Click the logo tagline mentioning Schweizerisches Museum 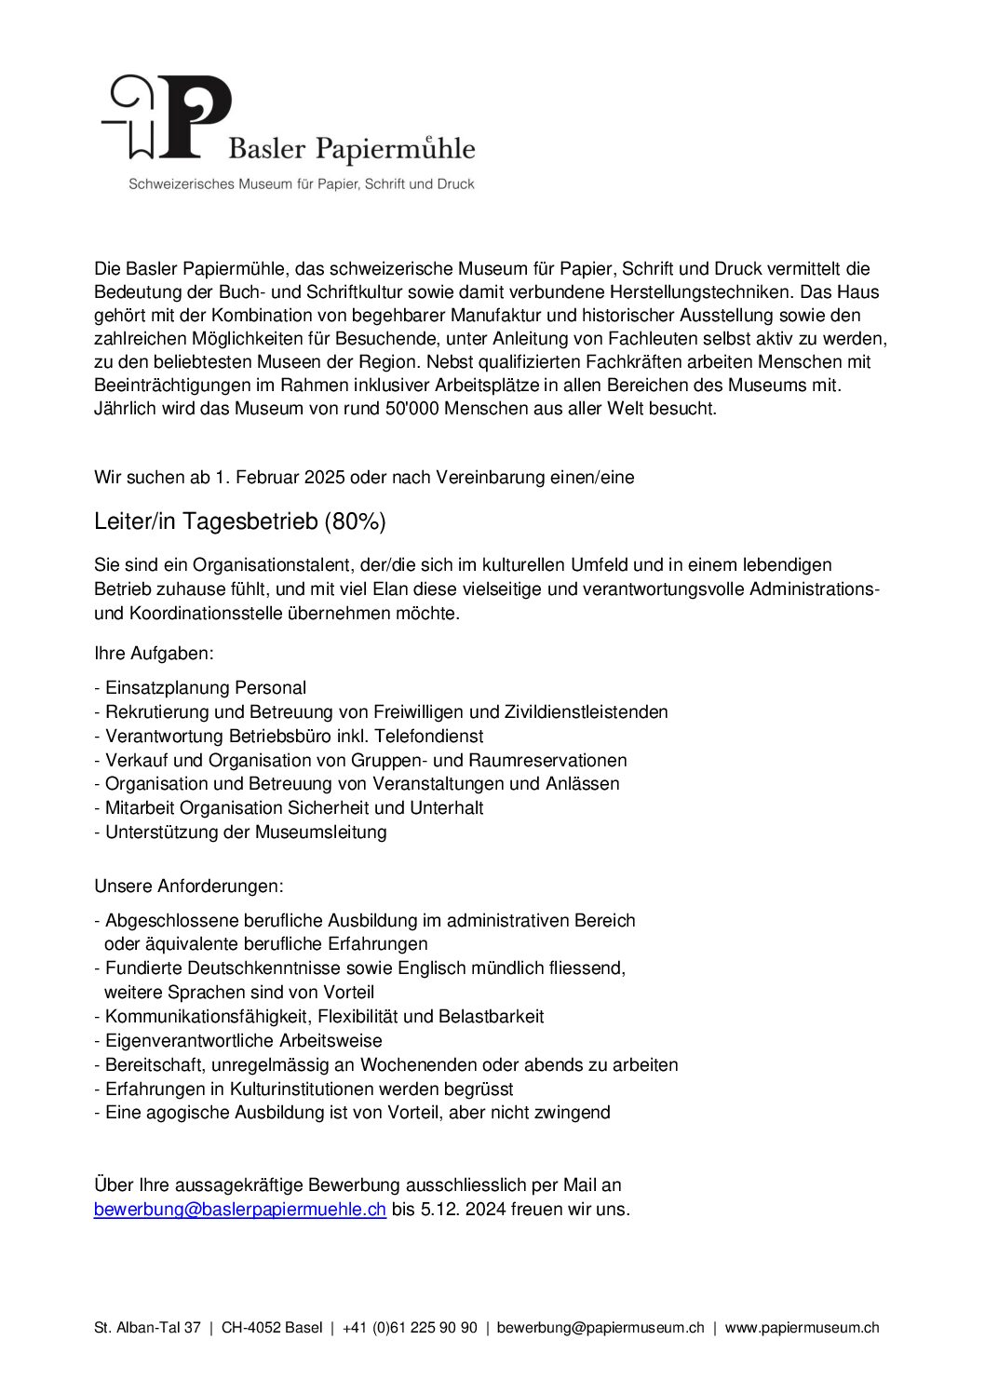point(302,184)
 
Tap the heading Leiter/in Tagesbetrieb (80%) point(239,521)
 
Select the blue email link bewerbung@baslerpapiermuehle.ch point(240,1210)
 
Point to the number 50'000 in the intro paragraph point(411,409)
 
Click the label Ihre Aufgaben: point(154,654)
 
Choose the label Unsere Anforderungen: point(189,885)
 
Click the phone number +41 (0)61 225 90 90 point(410,1328)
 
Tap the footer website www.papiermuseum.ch point(802,1328)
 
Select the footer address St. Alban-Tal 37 point(147,1328)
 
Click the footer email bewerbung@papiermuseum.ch point(600,1328)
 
